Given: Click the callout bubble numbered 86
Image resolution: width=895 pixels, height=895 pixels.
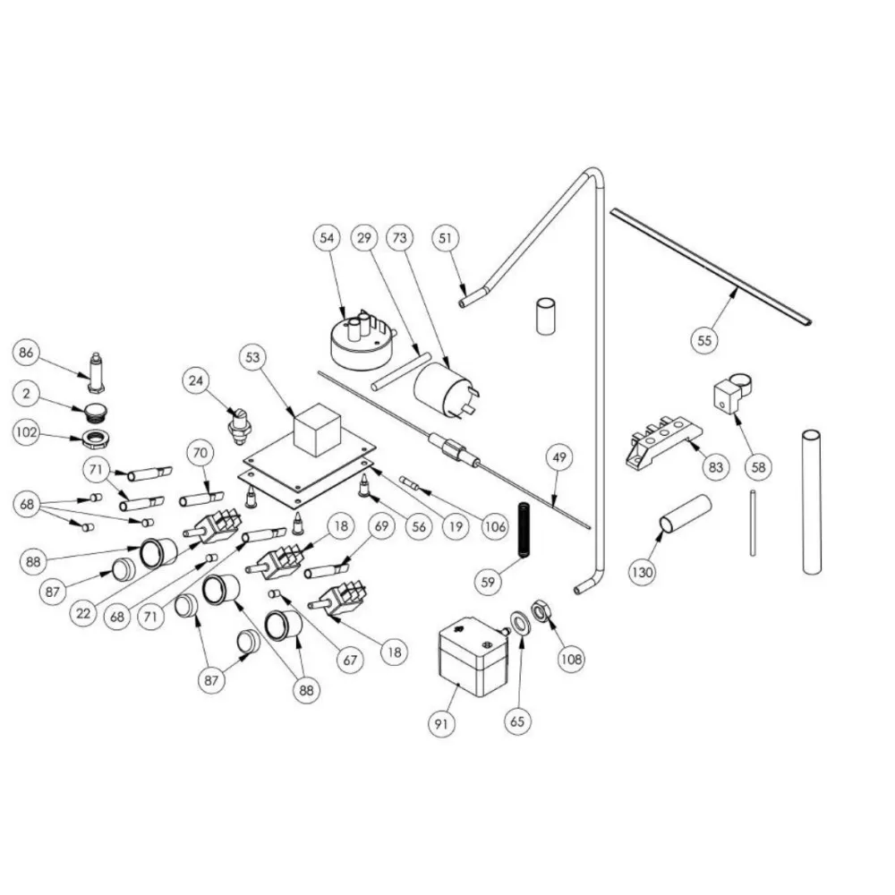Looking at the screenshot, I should tap(26, 354).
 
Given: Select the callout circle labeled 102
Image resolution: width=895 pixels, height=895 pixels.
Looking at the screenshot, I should tap(26, 433).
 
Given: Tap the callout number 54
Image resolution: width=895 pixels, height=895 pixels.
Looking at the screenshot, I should tap(327, 238).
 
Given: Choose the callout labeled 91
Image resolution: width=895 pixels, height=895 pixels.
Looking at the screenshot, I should tap(439, 726).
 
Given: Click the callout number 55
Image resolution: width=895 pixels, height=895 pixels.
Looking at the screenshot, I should tap(705, 339).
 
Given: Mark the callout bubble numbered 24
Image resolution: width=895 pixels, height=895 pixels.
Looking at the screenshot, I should tap(196, 381).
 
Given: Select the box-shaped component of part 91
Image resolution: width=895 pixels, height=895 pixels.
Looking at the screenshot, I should tap(468, 659).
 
